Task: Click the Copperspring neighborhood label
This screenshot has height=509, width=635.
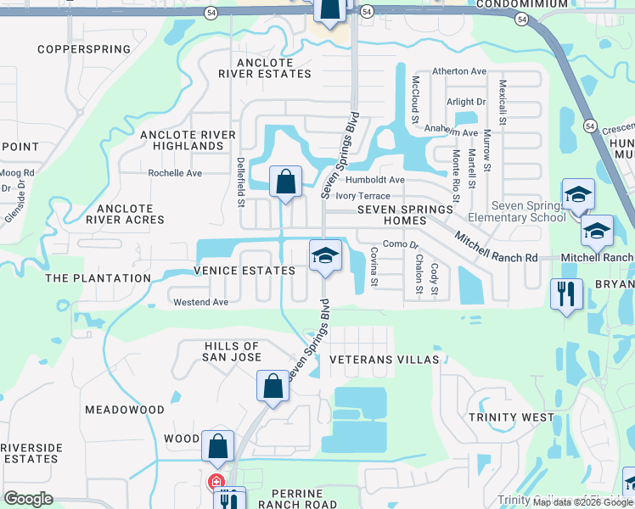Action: click(x=76, y=50)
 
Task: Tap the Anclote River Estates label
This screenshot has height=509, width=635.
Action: click(x=265, y=68)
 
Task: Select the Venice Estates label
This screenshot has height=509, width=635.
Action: click(x=244, y=271)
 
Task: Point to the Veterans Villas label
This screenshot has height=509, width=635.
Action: click(x=385, y=360)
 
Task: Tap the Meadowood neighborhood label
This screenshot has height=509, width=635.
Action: click(x=125, y=410)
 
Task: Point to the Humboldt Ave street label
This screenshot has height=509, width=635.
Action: click(x=375, y=180)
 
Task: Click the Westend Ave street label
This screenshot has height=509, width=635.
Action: click(x=200, y=302)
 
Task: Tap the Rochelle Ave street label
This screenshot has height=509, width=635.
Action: click(x=175, y=173)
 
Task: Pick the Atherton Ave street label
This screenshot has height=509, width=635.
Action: click(x=458, y=71)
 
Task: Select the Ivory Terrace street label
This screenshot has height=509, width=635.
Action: click(x=362, y=196)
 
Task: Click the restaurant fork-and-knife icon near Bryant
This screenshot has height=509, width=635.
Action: click(x=565, y=294)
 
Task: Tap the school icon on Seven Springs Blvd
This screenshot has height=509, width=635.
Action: click(x=324, y=255)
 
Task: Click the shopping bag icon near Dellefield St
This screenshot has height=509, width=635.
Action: click(x=285, y=181)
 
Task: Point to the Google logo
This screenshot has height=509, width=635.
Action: click(x=28, y=499)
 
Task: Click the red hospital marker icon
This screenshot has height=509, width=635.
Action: click(x=216, y=482)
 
